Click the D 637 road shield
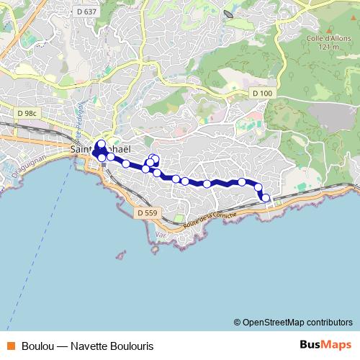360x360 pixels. pyautogui.click(x=86, y=11)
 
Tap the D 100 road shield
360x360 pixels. pyautogui.click(x=263, y=94)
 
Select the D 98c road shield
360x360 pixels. pyautogui.click(x=27, y=112)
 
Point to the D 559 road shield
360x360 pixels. pyautogui.click(x=146, y=213)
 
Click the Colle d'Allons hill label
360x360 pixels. pyautogui.click(x=322, y=40)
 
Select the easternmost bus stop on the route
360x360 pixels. pyautogui.click(x=266, y=197)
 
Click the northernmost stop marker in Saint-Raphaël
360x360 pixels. pyautogui.click(x=101, y=143)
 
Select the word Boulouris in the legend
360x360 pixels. pyautogui.click(x=131, y=346)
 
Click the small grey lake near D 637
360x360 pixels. pyautogui.click(x=228, y=14)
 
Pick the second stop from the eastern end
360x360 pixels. pyautogui.click(x=258, y=187)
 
